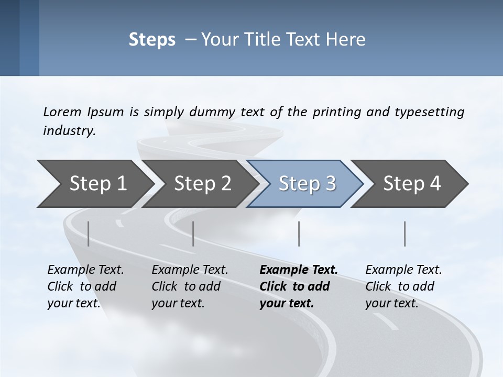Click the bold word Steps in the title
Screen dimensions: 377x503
[152, 40]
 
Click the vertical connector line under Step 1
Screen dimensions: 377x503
[88, 234]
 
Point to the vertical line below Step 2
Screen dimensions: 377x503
[193, 234]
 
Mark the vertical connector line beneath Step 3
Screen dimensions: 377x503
[299, 234]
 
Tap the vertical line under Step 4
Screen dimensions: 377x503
[404, 234]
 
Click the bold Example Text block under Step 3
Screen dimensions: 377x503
[299, 286]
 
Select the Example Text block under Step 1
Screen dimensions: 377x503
[85, 286]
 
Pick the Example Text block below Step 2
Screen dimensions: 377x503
[190, 286]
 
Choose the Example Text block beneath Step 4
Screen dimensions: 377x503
[403, 286]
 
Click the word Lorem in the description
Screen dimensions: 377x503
[62, 112]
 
